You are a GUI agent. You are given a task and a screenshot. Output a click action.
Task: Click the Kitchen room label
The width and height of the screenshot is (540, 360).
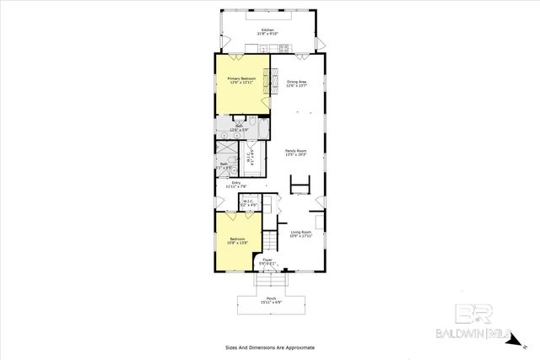click(x=269, y=29)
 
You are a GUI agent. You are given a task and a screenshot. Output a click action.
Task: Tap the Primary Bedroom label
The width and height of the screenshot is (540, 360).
click(x=240, y=78)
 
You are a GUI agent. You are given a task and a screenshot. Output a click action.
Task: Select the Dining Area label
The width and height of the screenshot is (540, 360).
click(x=296, y=82)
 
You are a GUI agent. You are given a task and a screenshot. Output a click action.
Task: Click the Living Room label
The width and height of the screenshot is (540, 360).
click(x=302, y=233)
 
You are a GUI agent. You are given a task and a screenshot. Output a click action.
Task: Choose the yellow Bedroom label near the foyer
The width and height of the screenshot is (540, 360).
click(x=236, y=239)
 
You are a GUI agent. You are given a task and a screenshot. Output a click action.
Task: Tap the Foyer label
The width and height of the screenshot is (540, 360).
click(x=267, y=260)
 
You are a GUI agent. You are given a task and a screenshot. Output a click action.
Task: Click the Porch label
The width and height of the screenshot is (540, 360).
click(x=271, y=298)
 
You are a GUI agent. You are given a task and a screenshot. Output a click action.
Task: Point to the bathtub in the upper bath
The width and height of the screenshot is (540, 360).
click(x=262, y=127)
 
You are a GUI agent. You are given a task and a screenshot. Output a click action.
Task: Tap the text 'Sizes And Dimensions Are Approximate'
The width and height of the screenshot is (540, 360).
click(x=269, y=347)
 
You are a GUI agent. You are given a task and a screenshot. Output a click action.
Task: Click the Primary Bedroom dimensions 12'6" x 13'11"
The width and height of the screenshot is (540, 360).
click(x=240, y=83)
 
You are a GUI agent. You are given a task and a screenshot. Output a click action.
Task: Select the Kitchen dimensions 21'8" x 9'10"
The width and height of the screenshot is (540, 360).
click(x=269, y=34)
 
